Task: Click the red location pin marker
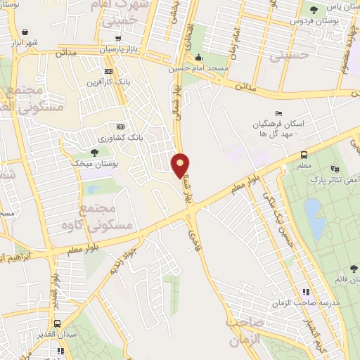pos(180,165)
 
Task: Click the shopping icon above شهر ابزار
pos(26,32)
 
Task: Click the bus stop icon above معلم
pos(304,155)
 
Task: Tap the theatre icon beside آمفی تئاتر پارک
pos(335,169)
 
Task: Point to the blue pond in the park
pos(314,218)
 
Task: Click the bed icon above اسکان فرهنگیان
pos(278,114)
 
